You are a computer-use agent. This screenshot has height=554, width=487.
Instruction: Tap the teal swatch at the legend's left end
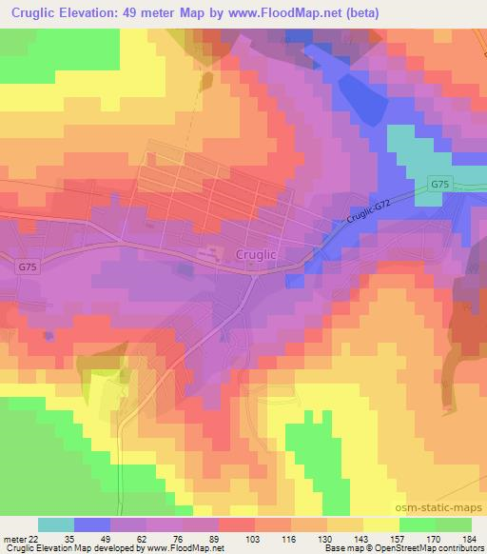click(x=56, y=524)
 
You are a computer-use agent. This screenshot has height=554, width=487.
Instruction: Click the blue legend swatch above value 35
click(x=93, y=524)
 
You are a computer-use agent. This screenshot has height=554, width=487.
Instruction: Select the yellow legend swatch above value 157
click(x=381, y=524)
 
